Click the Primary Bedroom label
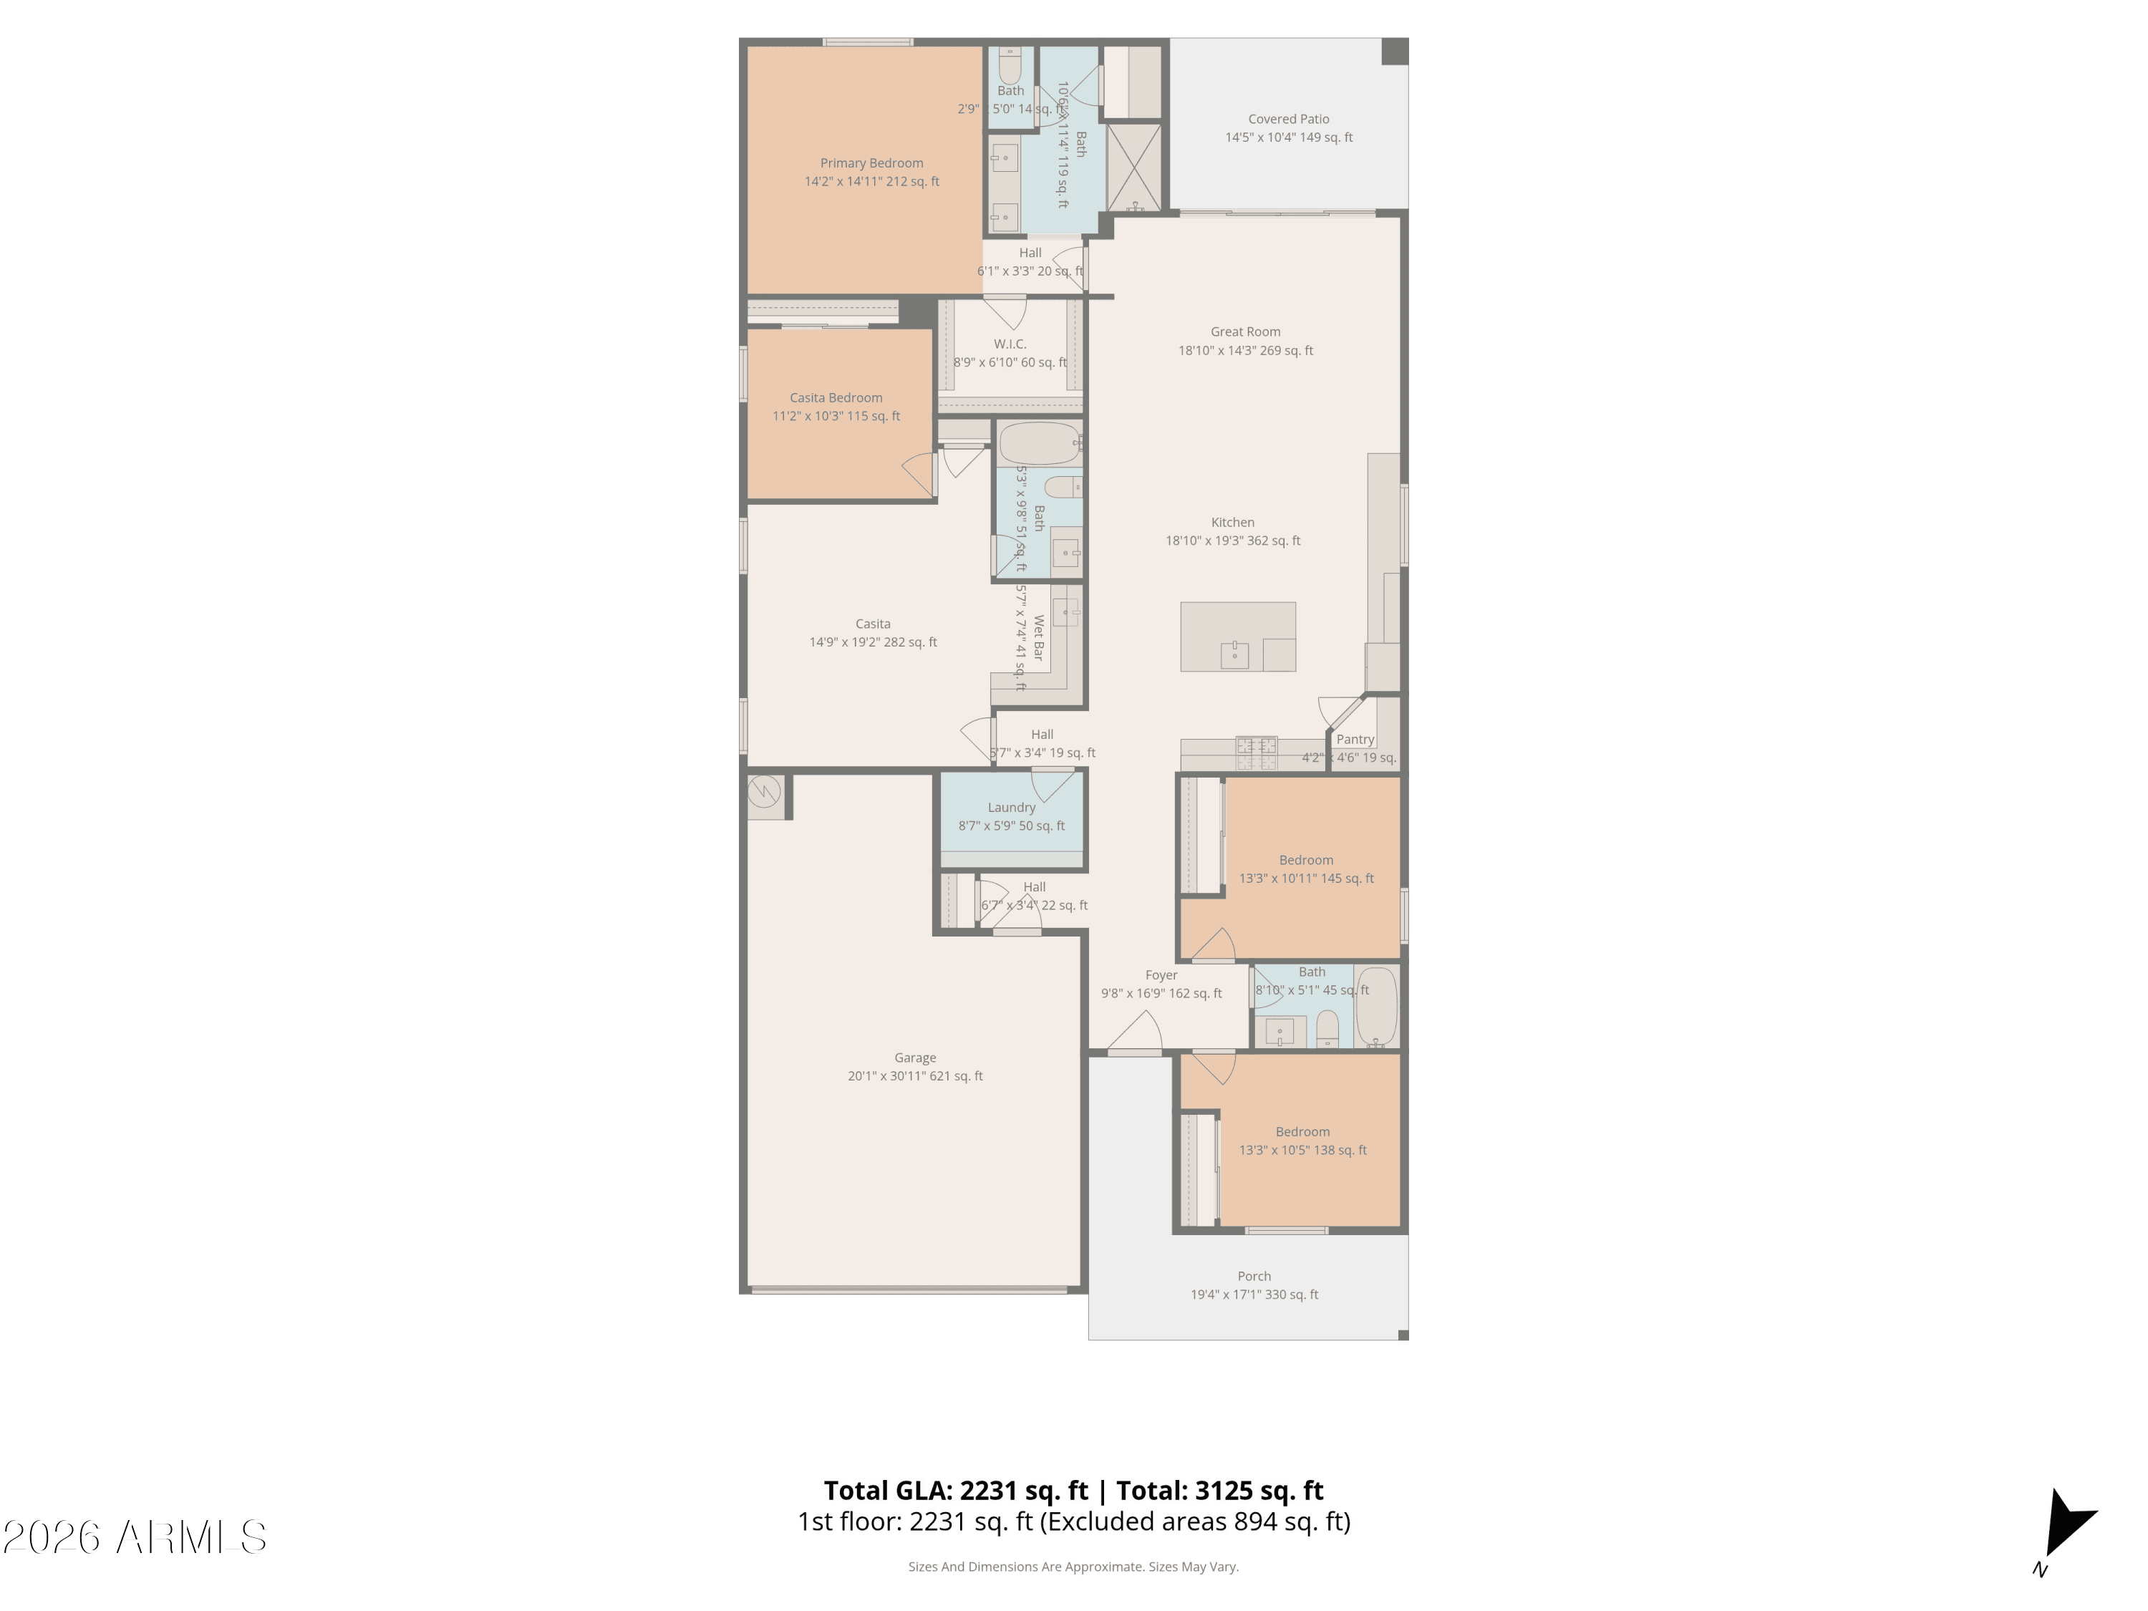pos(871,163)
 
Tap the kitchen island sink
pos(1234,654)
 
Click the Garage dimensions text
pos(915,1076)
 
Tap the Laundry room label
pos(1011,807)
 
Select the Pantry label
pos(1355,739)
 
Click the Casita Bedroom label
pos(835,397)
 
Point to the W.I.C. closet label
pos(1009,344)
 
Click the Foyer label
pos(1161,975)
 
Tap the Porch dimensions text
pos(1254,1295)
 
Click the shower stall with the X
pos(1133,166)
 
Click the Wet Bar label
pos(1038,637)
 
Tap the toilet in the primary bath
pos(1010,66)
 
